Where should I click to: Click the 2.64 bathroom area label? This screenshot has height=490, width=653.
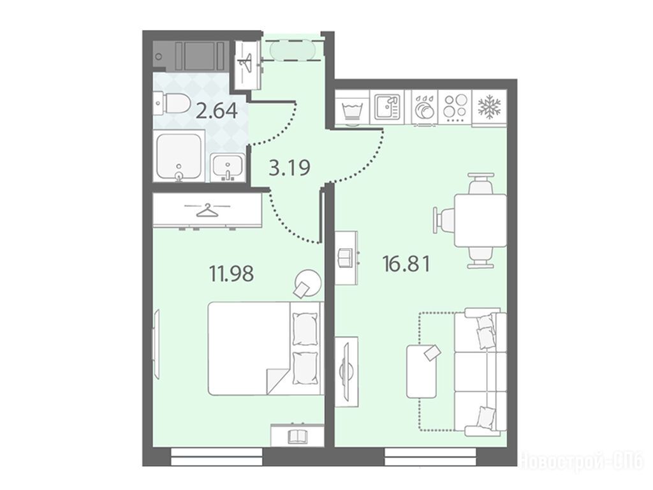point(217,111)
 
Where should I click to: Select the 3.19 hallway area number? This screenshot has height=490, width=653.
point(290,168)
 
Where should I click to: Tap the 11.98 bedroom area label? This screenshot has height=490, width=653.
point(231,274)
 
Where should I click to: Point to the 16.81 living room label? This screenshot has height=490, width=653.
point(406,264)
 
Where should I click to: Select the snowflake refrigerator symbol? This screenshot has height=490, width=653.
point(490,107)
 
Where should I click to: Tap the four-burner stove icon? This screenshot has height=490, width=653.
point(455,107)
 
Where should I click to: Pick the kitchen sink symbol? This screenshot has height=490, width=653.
point(387,107)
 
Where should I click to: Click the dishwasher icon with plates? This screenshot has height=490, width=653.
point(424,107)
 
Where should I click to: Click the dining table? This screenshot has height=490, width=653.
point(480,220)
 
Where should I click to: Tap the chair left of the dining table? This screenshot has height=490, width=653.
point(444,220)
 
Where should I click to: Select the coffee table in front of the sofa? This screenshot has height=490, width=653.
point(422,371)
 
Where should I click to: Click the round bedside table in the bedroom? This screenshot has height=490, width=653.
point(308,283)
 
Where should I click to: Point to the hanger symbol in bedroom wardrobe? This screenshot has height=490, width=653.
point(207,210)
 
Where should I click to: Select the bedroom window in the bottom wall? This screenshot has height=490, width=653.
point(217,457)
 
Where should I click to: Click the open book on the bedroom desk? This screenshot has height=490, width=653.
point(297,437)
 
